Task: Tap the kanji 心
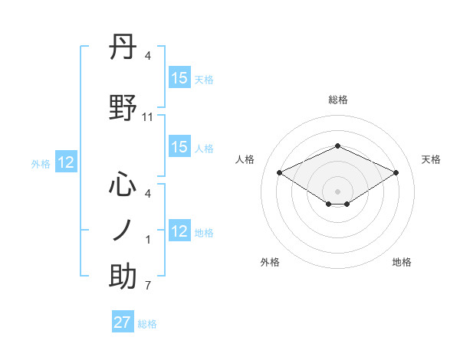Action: [x=123, y=185]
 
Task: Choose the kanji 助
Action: [x=123, y=276]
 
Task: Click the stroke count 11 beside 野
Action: [x=148, y=116]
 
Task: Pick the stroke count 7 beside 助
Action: [x=147, y=286]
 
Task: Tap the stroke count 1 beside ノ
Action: [x=147, y=240]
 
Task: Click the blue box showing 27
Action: [x=123, y=322]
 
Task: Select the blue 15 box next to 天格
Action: [x=179, y=78]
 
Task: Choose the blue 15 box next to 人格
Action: [x=179, y=148]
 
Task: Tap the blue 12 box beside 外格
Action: [x=66, y=162]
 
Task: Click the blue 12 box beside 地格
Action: [x=179, y=232]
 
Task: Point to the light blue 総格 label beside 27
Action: [x=147, y=324]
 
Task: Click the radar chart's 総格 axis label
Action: [x=337, y=100]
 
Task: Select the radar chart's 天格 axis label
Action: [x=431, y=159]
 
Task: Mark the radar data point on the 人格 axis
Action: [x=279, y=172]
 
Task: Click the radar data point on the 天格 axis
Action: [x=396, y=172]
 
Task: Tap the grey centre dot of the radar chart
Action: [x=337, y=191]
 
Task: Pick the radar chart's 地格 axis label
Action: [x=402, y=262]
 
